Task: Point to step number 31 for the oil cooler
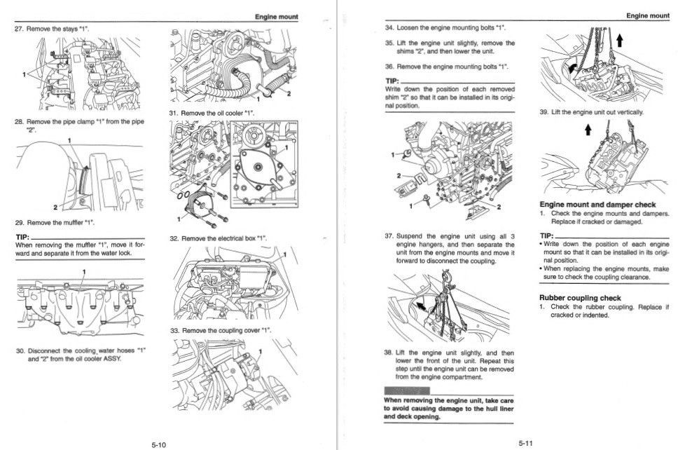(174, 113)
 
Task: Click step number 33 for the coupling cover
(174, 330)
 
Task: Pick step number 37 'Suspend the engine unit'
(389, 236)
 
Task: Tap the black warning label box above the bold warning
(407, 390)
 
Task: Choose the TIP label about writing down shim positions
(392, 81)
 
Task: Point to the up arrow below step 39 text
(588, 130)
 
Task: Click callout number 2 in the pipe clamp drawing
(55, 207)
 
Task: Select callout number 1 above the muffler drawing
(84, 271)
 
